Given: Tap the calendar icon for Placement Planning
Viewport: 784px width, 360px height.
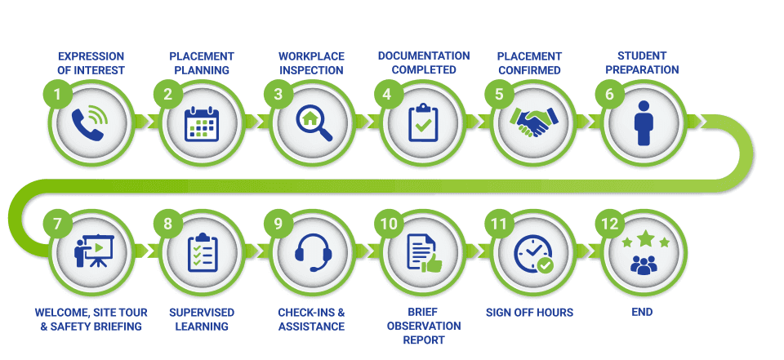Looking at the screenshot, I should coord(200,124).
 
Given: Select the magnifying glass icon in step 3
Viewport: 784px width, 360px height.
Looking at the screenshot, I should coord(311,124).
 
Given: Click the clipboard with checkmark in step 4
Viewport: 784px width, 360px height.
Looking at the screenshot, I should coord(422,124).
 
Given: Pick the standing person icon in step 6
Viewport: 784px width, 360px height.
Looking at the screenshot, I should coord(644,124).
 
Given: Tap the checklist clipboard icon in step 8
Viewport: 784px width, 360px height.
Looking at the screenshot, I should coord(200,252).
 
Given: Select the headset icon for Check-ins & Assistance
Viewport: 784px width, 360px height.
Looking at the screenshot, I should coord(311,252).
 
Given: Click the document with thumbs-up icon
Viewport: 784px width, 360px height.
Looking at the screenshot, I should coord(422,252).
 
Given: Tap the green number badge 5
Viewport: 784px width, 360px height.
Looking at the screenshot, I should coord(499,94).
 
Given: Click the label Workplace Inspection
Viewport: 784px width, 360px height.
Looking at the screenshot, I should coord(311,63).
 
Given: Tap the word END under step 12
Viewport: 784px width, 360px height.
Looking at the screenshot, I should coord(642,312).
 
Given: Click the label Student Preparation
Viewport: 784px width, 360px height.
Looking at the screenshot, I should coord(642,63).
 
